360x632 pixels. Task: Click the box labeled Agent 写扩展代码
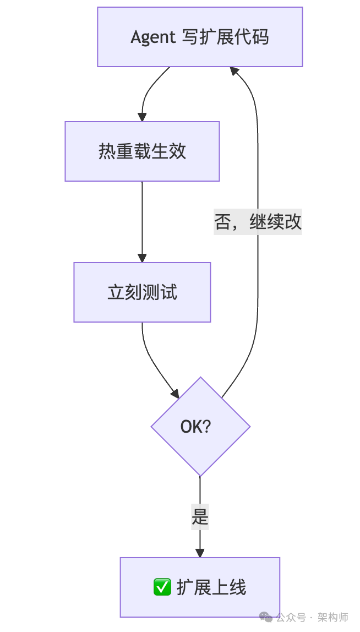point(200,37)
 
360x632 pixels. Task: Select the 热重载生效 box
point(142,151)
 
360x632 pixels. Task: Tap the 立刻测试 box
point(142,292)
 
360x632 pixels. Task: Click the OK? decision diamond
point(200,427)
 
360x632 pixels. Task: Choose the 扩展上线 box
point(200,587)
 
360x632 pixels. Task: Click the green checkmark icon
point(162,587)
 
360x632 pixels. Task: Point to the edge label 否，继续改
point(258,222)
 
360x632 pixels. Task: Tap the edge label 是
point(200,517)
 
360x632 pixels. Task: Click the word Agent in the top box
point(151,37)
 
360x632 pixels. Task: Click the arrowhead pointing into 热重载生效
point(142,117)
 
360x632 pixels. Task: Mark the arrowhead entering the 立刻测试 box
point(142,258)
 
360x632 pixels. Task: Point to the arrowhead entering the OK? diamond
point(175,394)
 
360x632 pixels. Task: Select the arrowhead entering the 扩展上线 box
point(200,553)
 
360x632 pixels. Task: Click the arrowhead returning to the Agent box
point(234,71)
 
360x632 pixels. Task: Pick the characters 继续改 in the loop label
point(275,222)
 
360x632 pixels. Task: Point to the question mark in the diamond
point(208,427)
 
